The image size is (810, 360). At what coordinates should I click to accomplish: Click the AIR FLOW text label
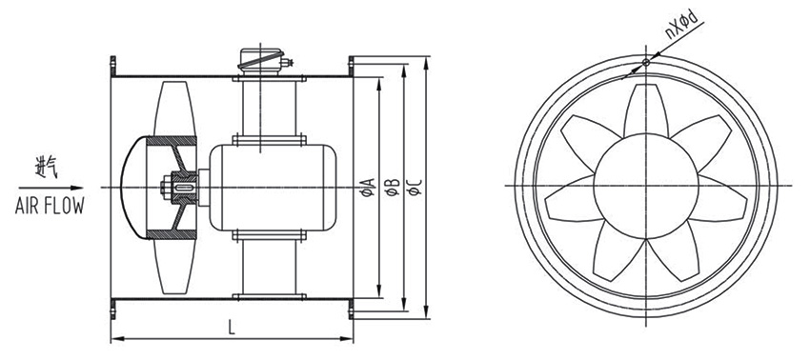point(50,206)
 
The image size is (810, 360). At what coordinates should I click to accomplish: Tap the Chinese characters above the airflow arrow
point(46,169)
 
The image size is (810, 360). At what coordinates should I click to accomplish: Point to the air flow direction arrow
point(51,188)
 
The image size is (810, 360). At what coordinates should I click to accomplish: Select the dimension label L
point(231,327)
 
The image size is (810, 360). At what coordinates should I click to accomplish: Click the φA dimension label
point(368,187)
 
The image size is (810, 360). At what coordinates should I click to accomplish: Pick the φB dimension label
point(393,187)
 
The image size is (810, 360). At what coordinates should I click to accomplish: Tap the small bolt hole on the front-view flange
point(646,63)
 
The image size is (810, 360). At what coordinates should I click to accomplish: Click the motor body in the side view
point(273,187)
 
